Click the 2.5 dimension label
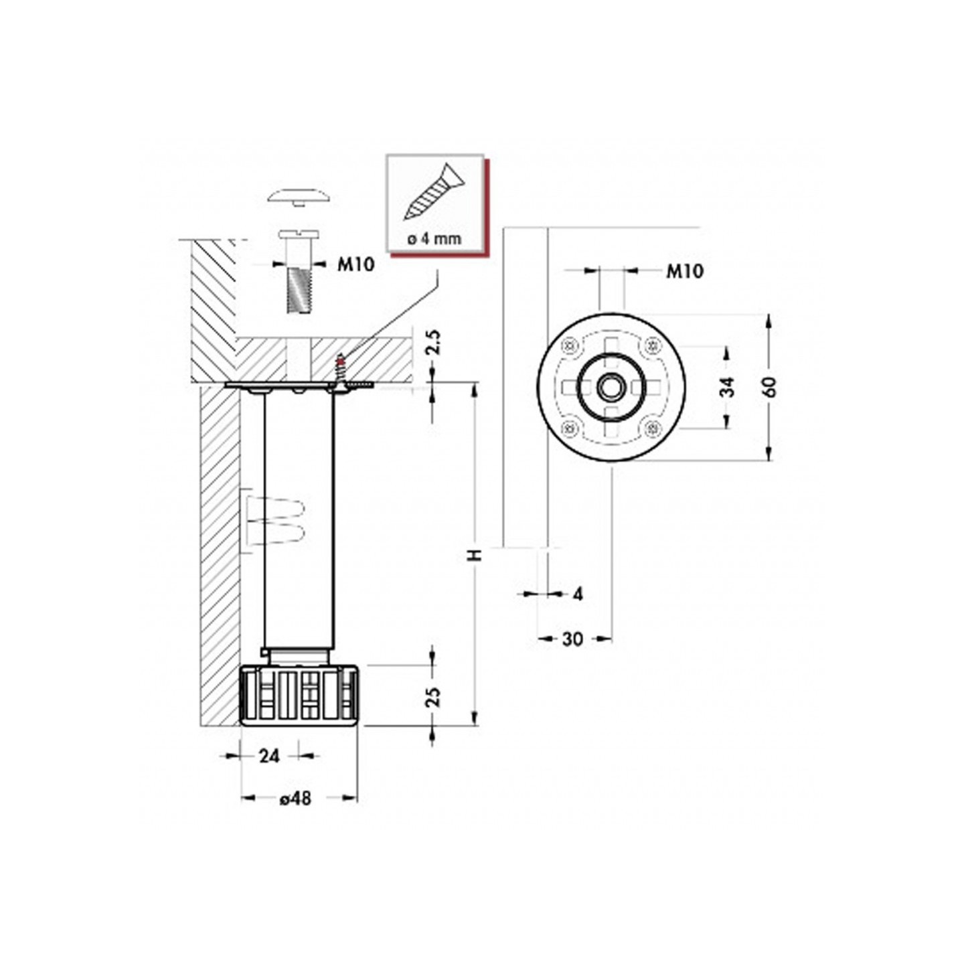click(434, 342)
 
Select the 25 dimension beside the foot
click(434, 696)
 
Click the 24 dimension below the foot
click(268, 756)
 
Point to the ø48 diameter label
click(296, 798)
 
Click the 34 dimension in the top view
click(728, 386)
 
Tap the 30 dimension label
click(572, 639)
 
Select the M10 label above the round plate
click(684, 271)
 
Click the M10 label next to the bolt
click(355, 264)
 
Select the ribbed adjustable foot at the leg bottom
click(299, 696)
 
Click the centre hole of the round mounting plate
click(609, 387)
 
